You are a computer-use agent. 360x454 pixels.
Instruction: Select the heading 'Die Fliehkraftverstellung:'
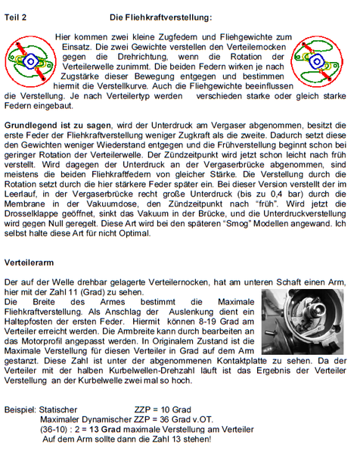[x=160, y=16]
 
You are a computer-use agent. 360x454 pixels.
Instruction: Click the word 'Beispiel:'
[x=22, y=408]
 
